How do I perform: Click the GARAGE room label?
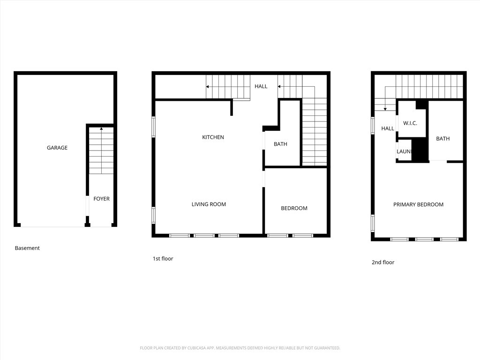[x=57, y=148]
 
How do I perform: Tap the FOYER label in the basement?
[x=101, y=199]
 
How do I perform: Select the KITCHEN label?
[x=213, y=137]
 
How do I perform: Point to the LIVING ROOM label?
[x=209, y=204]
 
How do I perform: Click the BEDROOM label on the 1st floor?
[x=294, y=208]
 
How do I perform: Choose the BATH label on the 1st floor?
[x=280, y=144]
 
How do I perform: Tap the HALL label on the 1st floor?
[x=261, y=86]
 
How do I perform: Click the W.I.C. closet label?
[x=410, y=123]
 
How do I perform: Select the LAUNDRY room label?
[x=404, y=151]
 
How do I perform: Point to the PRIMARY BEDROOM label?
[x=418, y=204]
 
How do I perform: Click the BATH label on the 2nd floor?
[x=443, y=138]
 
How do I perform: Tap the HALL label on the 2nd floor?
[x=388, y=128]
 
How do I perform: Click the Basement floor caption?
[x=27, y=248]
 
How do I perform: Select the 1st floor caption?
[x=163, y=259]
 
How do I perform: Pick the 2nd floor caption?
[x=383, y=262]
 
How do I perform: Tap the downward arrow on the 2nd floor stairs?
[x=385, y=108]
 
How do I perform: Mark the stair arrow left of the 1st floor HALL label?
[x=208, y=87]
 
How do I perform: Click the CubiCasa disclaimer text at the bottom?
[x=240, y=348]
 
